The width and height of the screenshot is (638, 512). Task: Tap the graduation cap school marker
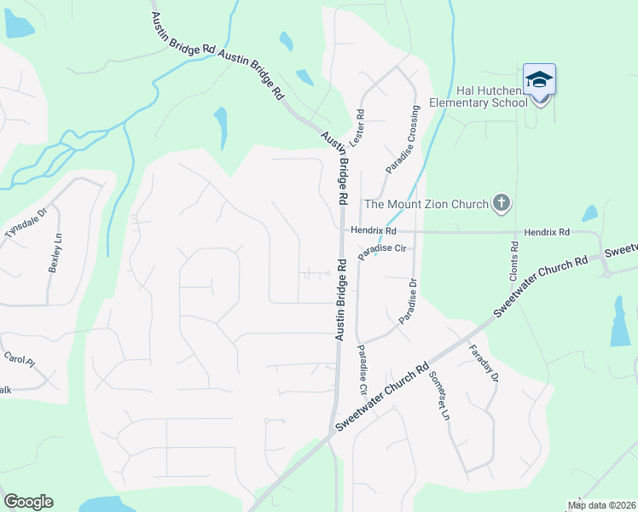point(539,81)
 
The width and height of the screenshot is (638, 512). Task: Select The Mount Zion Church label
point(426,203)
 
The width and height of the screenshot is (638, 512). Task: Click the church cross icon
point(502,203)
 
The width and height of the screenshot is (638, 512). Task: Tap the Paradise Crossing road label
point(403,139)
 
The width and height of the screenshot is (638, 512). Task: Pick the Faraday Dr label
point(482,364)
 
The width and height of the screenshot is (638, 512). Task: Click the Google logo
point(28,501)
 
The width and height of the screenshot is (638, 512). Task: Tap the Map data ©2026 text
point(600,505)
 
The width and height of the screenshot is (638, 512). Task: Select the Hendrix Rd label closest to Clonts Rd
point(546,232)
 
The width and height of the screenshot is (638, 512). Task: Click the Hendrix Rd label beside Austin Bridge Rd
point(373,230)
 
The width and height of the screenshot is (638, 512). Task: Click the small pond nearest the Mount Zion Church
point(589,213)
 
